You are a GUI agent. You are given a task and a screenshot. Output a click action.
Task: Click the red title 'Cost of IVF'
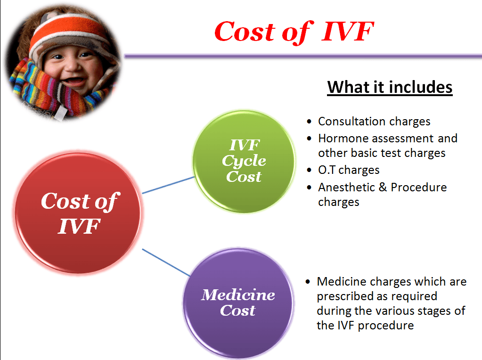pyautogui.click(x=294, y=32)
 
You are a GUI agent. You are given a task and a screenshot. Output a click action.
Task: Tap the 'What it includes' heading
pyautogui.click(x=390, y=87)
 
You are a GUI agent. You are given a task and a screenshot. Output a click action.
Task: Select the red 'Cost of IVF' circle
pyautogui.click(x=78, y=213)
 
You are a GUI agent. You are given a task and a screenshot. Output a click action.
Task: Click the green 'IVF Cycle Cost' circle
pyautogui.click(x=244, y=162)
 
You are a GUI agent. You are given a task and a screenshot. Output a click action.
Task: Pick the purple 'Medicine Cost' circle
pyautogui.click(x=238, y=303)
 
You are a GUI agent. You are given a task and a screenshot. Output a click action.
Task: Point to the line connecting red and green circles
pyautogui.click(x=169, y=185)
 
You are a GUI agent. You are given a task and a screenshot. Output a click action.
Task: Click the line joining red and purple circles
pyautogui.click(x=166, y=262)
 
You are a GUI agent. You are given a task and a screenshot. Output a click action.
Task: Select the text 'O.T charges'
pyautogui.click(x=349, y=170)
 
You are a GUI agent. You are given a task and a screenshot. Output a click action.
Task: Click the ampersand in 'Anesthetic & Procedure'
pyautogui.click(x=383, y=187)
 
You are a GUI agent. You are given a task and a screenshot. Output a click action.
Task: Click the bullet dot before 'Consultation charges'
pyautogui.click(x=309, y=122)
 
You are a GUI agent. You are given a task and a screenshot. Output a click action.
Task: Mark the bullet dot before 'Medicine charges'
pyautogui.click(x=308, y=282)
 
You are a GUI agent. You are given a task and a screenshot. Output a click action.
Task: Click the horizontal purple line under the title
pyautogui.click(x=303, y=56)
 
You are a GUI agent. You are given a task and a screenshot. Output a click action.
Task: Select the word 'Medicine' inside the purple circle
pyautogui.click(x=238, y=295)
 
